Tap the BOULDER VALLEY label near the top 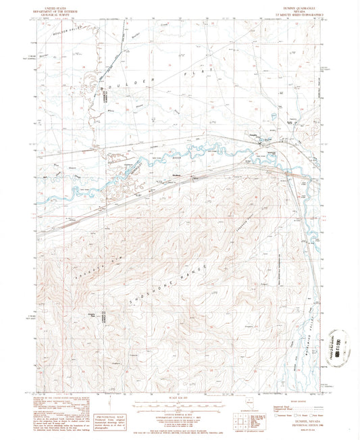[66, 28]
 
